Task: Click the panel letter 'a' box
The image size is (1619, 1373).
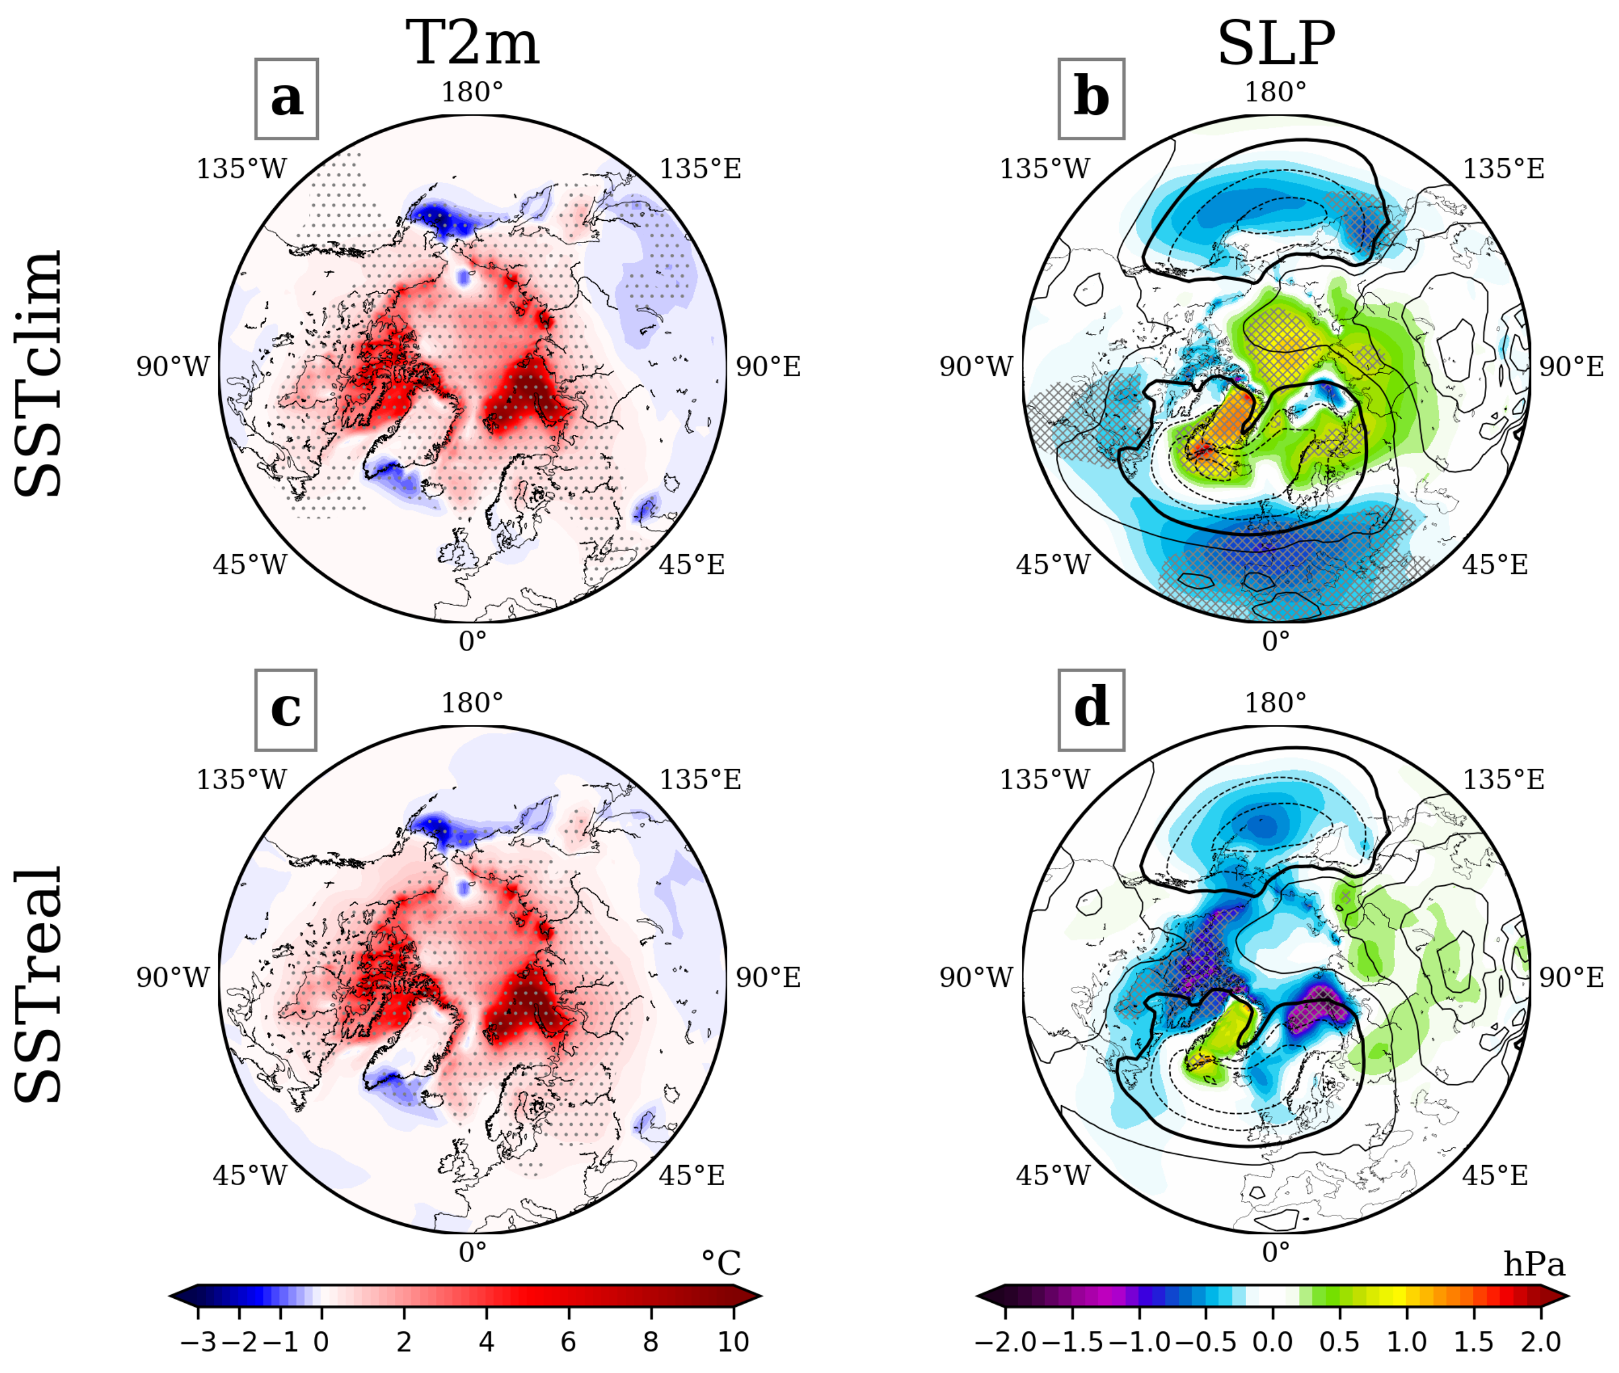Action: coord(286,99)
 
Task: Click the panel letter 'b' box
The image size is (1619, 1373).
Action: coord(1091,99)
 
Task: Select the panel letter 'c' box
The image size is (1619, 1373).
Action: coord(286,709)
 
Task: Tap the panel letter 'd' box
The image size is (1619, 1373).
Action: coord(1091,709)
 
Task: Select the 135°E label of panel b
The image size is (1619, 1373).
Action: coord(1503,168)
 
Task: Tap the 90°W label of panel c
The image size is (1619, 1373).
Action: coord(173,977)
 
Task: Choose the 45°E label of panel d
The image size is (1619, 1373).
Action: coord(1494,1175)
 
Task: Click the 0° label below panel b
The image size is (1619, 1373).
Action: coord(1276,641)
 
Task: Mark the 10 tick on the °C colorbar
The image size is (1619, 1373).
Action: coord(732,1342)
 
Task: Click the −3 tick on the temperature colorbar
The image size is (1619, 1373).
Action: coord(198,1342)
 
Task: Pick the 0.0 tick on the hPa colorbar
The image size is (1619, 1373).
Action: coord(1273,1342)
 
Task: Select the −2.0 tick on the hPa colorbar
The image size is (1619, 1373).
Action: coord(1005,1342)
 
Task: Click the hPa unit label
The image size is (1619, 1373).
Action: coord(1533,1263)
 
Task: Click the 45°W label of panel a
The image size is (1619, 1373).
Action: coord(250,564)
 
